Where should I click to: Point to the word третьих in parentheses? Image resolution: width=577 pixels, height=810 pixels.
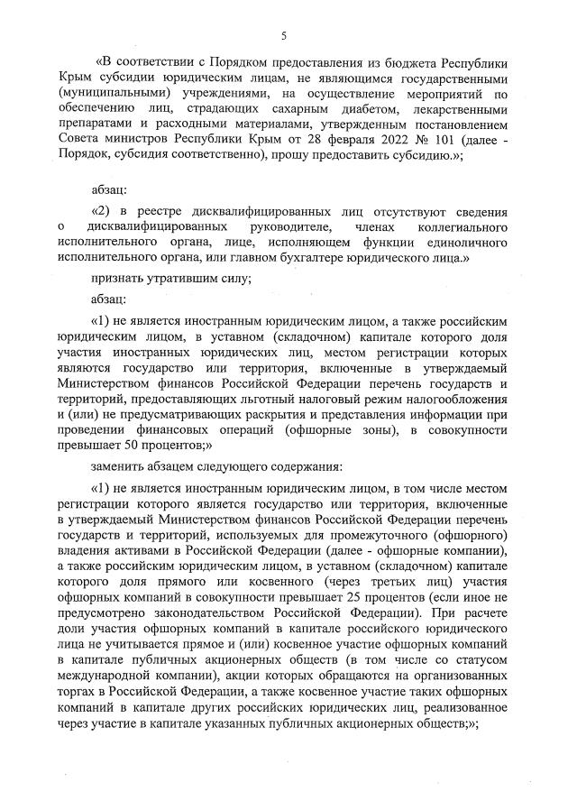394,581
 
